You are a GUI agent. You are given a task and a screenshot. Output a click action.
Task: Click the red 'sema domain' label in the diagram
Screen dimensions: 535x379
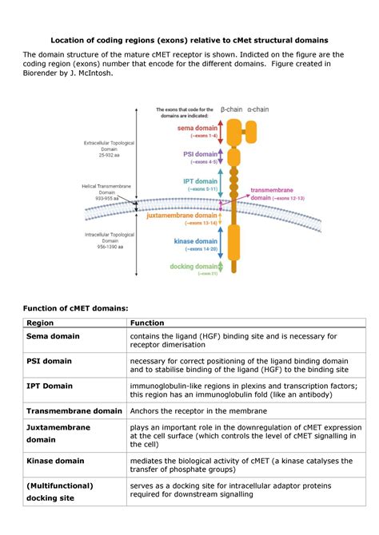coord(196,127)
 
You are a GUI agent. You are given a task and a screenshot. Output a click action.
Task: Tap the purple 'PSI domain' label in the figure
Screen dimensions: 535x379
coord(199,153)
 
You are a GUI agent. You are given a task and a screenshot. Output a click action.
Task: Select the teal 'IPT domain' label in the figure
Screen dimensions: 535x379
coord(200,182)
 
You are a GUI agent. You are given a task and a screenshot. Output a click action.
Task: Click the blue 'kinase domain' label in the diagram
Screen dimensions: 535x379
coord(195,241)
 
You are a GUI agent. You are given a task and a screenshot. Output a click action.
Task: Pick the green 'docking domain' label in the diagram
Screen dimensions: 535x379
coord(193,266)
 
